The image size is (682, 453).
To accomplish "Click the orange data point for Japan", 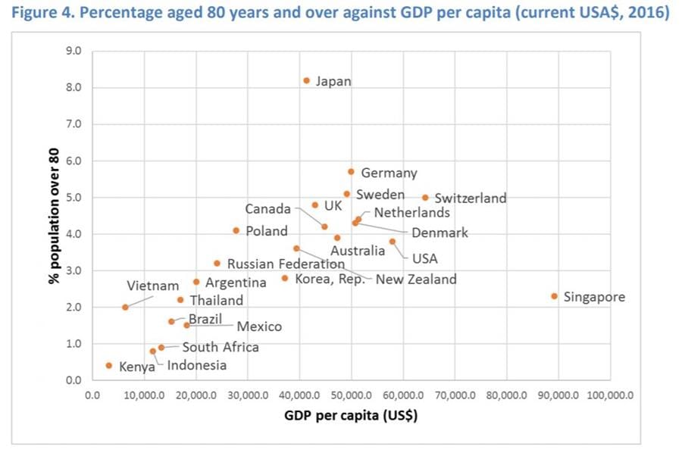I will [x=306, y=80].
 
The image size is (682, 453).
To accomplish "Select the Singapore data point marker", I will [x=554, y=296].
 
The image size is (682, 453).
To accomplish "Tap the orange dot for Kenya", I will [x=108, y=365].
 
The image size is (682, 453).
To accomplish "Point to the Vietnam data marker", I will [x=125, y=307].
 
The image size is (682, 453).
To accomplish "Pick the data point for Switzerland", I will [x=425, y=197].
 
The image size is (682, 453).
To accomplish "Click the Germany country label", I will [x=389, y=173].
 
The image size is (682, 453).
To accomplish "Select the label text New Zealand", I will [x=416, y=280].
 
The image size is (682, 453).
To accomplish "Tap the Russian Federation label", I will [x=286, y=264].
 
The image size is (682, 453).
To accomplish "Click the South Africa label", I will [x=221, y=348].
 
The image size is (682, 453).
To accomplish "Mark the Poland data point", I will [x=236, y=230].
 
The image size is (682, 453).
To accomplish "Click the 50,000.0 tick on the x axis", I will [x=351, y=395].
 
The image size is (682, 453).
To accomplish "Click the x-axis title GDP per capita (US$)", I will [x=351, y=415].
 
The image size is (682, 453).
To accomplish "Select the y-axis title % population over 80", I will [x=55, y=215].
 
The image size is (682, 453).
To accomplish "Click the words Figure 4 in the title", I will [x=43, y=14].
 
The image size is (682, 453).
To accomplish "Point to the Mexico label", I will [x=258, y=327].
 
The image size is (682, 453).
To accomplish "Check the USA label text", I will [x=424, y=259].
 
